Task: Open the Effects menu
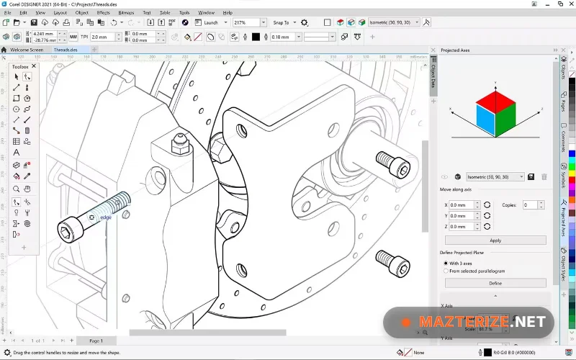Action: click(103, 12)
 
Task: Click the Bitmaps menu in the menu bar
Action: click(125, 12)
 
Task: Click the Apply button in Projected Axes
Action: click(495, 240)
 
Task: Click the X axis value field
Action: click(462, 205)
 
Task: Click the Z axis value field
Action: click(462, 226)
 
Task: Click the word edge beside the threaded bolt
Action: click(106, 217)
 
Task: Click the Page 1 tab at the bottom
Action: click(96, 341)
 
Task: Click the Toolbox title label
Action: click(20, 66)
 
